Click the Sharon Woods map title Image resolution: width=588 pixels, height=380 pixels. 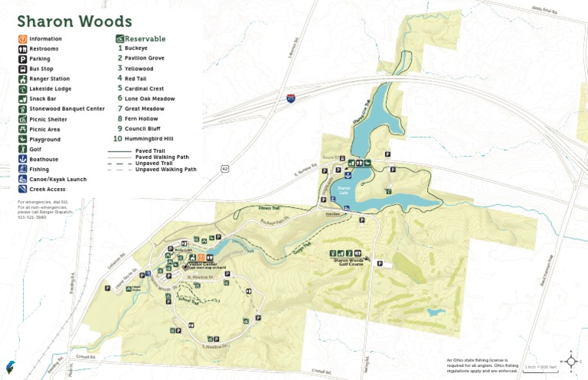click(74, 22)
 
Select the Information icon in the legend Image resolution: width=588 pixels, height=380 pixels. click(23, 39)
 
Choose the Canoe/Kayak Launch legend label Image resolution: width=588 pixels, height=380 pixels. click(57, 179)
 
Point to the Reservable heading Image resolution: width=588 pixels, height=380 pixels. click(145, 38)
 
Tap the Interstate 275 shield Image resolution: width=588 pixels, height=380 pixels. click(291, 98)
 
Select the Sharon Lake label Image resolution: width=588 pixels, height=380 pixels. click(344, 188)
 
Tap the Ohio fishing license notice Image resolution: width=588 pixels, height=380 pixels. click(482, 365)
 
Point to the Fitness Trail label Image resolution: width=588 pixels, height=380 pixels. click(269, 208)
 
